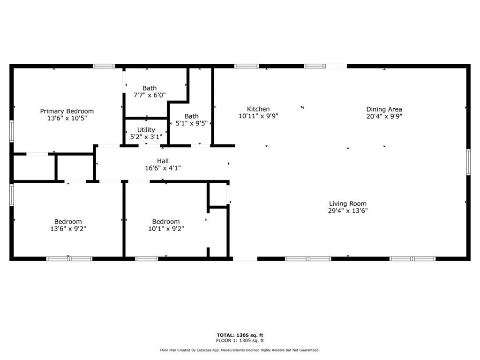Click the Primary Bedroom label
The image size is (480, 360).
pos(67,111)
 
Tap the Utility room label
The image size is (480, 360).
pos(146,130)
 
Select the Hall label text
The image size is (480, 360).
pos(163,161)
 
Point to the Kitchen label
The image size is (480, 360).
pos(258,109)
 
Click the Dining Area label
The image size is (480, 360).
pos(384,109)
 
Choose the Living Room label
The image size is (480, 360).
pos(348,203)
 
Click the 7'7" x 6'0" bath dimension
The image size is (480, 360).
pos(150,95)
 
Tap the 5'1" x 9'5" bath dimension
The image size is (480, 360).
pos(192,123)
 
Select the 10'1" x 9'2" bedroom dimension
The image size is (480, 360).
pos(166,229)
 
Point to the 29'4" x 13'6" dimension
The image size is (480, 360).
pos(348,210)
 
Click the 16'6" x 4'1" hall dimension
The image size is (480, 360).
pos(163,168)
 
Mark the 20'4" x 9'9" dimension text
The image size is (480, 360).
pos(384,116)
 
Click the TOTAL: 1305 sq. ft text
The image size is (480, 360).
pos(240,335)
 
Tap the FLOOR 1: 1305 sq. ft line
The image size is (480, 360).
pos(240,340)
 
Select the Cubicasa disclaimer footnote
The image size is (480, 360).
pos(240,350)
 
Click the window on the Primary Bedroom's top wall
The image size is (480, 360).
pos(104,66)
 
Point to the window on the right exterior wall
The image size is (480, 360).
pos(468,162)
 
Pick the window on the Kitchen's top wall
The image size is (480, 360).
pos(247,66)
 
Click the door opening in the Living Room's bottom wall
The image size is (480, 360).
pos(245,259)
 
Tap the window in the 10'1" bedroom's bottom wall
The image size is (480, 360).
pos(147,259)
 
